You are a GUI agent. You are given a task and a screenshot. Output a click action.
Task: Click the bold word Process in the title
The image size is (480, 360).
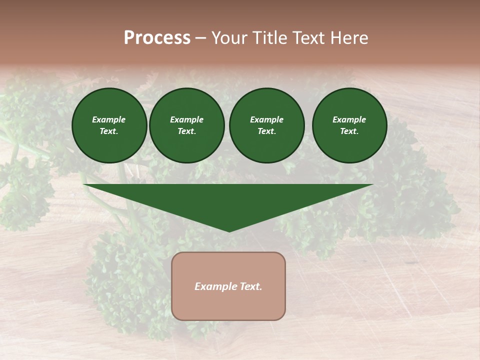point(157,38)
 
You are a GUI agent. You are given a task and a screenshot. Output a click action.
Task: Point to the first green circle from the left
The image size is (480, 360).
point(109,125)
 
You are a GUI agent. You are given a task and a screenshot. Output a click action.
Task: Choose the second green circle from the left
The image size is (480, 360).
point(186,125)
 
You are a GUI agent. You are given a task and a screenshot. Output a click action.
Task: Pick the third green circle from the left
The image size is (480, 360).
point(266,125)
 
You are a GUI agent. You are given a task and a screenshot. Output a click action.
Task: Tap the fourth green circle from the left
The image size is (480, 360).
point(349,125)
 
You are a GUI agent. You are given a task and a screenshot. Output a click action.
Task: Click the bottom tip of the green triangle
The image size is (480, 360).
point(229,231)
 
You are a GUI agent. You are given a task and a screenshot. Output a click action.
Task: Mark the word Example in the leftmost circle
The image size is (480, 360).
point(109,119)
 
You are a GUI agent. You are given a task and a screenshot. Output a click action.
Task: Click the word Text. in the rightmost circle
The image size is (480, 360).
point(349,131)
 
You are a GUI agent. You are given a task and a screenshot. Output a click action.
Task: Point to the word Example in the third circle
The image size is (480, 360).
point(266,119)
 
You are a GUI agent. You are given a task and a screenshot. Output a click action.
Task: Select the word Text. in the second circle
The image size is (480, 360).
point(186,131)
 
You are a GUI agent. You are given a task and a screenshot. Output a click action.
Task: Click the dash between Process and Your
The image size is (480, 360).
point(201,38)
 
